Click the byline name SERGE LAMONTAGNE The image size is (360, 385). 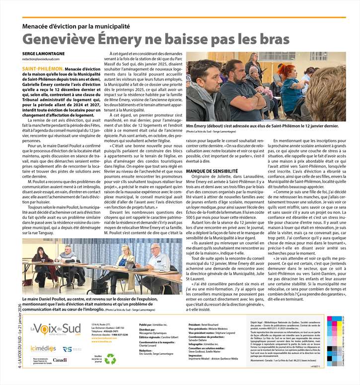(43, 54)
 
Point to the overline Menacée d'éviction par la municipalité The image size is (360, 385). (75, 26)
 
